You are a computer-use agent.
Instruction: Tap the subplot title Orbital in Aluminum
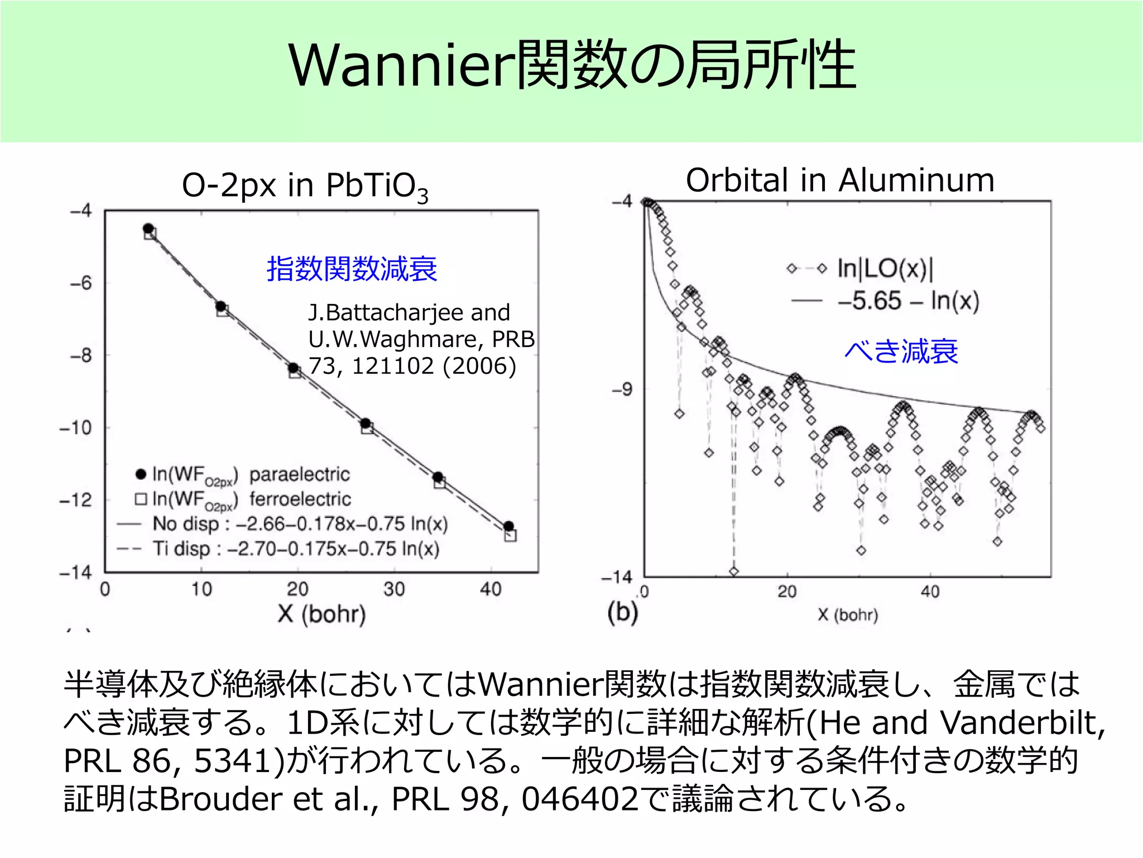[x=840, y=180]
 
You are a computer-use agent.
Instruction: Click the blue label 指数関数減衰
[x=352, y=269]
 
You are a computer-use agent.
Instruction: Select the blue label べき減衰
[x=901, y=351]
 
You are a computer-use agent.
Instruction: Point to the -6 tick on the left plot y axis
[x=81, y=283]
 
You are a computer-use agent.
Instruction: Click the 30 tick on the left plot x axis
[x=394, y=589]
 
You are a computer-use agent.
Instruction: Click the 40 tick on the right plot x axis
[x=930, y=592]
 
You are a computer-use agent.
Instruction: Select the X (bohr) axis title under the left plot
[x=321, y=614]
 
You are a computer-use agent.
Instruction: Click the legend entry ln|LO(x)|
[x=885, y=269]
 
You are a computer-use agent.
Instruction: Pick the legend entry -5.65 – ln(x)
[x=908, y=301]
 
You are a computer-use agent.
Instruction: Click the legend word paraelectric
[x=300, y=474]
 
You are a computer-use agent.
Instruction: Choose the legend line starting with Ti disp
[x=296, y=549]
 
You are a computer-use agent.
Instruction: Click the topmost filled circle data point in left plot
[x=148, y=228]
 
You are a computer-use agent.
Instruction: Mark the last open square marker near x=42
[x=510, y=536]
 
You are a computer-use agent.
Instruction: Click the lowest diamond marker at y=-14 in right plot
[x=734, y=571]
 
